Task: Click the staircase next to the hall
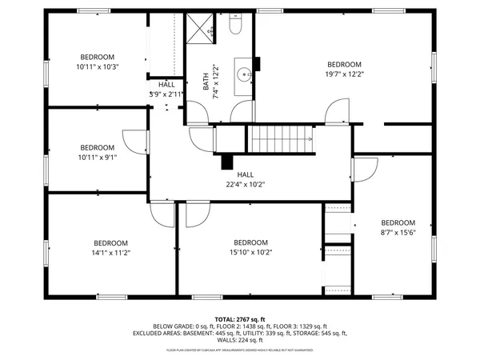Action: coord(280,140)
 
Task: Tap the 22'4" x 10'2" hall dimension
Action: coord(245,184)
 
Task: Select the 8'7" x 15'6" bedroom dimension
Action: coord(398,233)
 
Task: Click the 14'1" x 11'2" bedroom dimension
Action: coord(110,253)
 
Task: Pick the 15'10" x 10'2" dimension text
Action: coord(250,253)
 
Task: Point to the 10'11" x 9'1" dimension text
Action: coord(98,158)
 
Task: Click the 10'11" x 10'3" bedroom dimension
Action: coord(98,67)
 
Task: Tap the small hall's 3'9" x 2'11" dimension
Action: coord(166,94)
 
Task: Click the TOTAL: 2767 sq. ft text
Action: coord(239,318)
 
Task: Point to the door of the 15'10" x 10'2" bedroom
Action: coord(194,214)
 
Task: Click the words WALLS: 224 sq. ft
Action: coord(239,340)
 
